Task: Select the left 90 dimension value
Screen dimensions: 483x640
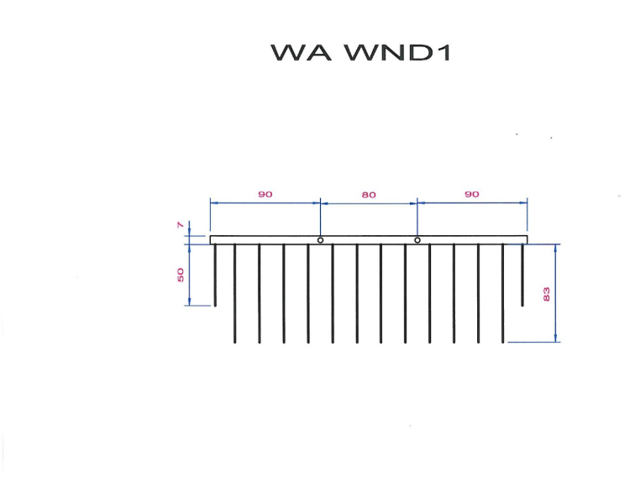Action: [265, 194]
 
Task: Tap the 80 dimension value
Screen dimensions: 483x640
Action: [369, 194]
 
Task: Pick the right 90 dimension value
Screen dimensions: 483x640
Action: [471, 194]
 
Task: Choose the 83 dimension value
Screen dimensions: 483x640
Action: [547, 294]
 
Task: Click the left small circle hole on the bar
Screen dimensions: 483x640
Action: [320, 240]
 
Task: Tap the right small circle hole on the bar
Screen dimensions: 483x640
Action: [417, 240]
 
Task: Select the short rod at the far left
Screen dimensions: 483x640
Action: [215, 276]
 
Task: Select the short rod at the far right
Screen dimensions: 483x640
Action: [522, 276]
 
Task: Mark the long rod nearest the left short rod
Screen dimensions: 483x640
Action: [234, 294]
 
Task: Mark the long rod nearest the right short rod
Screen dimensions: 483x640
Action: [503, 294]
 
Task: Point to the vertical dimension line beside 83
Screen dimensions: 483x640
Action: [556, 277]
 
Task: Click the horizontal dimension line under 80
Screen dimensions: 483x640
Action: [369, 202]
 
